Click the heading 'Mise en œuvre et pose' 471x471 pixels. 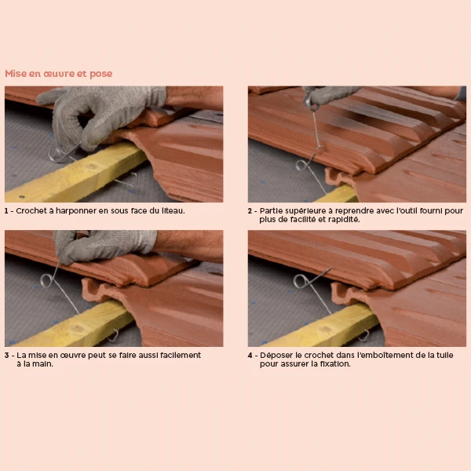[x=59, y=74]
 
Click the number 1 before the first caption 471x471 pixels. [x=6, y=211]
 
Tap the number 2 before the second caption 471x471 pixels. [x=250, y=211]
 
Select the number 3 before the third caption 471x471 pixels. [x=7, y=356]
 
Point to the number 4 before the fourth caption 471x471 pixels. [x=250, y=356]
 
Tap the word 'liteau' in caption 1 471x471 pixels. [x=173, y=211]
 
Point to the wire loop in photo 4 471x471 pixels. [x=300, y=281]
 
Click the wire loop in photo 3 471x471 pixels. [x=46, y=280]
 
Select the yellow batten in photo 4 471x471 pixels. [x=321, y=327]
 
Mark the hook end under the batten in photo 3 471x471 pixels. [x=114, y=336]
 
